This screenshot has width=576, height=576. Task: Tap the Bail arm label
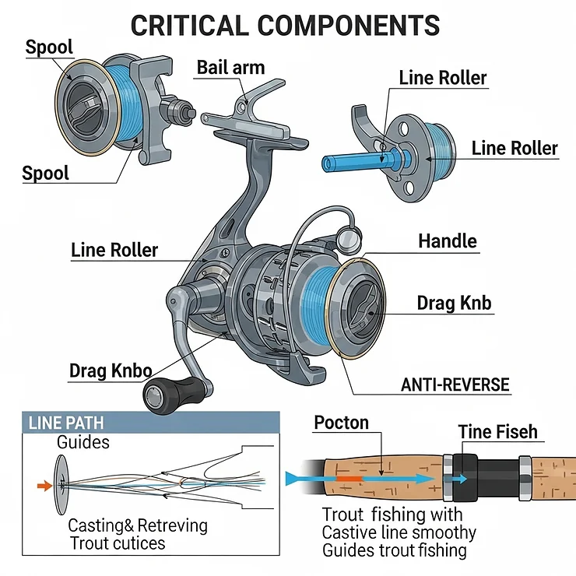[x=230, y=67]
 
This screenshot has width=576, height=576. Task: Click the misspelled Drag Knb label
[x=454, y=302]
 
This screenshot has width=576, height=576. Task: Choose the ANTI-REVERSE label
[x=455, y=385]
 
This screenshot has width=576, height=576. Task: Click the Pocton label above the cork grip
[x=341, y=423]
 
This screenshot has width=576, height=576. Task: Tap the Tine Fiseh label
[x=497, y=432]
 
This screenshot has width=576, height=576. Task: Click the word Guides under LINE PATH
[x=83, y=442]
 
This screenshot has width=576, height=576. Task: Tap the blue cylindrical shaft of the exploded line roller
[x=354, y=162]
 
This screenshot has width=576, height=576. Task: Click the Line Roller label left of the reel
[x=114, y=250]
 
